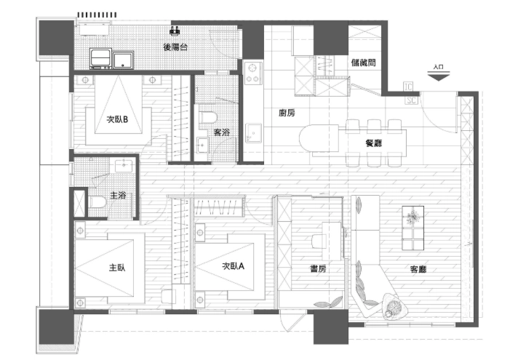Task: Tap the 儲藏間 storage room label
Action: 362,63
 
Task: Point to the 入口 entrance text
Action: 437,67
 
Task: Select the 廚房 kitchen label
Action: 287,113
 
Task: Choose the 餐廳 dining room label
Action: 375,143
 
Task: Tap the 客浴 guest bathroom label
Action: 221,133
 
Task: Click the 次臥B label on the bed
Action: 117,121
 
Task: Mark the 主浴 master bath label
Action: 117,196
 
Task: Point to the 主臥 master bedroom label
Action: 117,267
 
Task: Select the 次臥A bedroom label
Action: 233,266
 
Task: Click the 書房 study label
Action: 317,268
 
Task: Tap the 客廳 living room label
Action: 418,268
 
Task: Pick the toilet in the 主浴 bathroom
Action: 95,203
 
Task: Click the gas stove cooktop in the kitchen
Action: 253,71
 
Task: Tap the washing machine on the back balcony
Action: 100,58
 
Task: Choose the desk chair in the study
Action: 319,239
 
